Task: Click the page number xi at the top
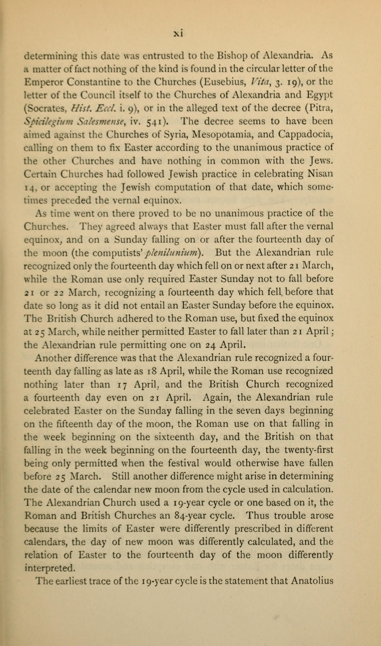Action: (x=178, y=33)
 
